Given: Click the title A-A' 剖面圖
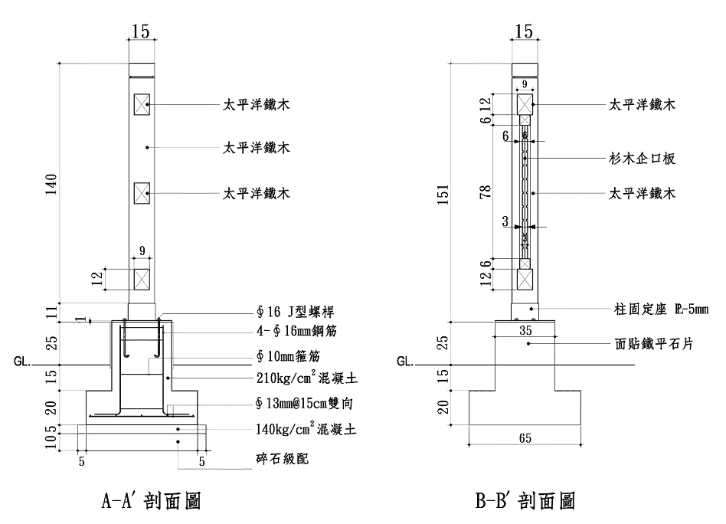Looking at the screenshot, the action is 151,501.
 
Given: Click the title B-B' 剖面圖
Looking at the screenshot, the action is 525,501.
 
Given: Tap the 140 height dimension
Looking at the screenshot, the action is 51,185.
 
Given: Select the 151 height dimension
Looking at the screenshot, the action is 443,195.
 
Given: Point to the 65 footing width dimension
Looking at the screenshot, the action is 525,438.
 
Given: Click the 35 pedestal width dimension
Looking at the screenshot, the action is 525,331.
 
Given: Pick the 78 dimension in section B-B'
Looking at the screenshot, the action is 486,192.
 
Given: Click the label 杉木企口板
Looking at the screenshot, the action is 642,159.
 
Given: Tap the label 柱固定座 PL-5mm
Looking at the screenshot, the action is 661,309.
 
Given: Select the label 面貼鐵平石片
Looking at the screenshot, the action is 654,344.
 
